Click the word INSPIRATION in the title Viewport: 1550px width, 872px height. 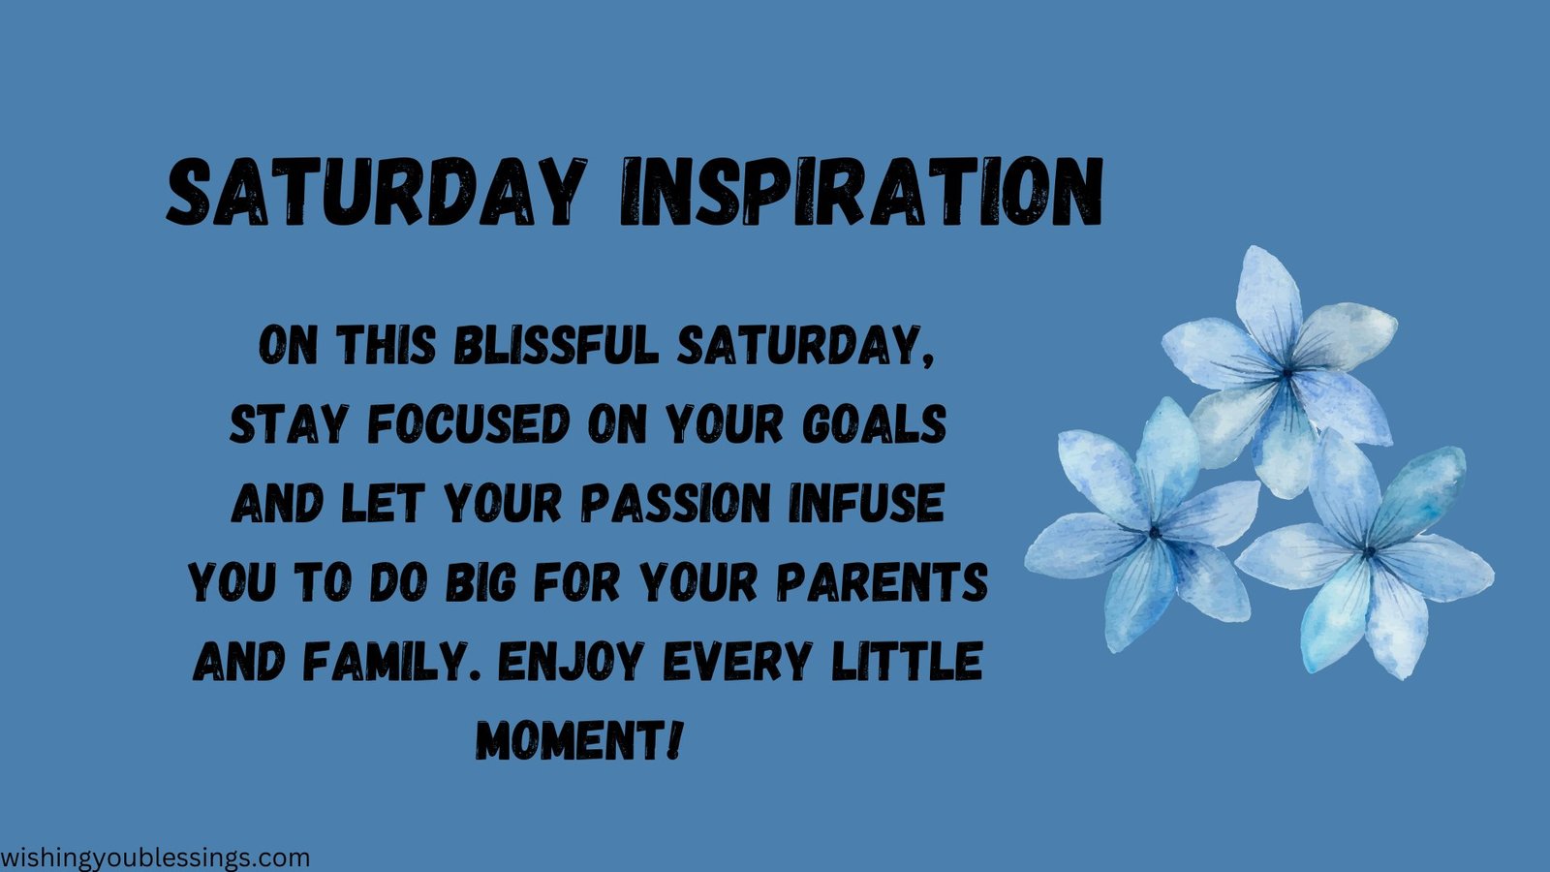860,193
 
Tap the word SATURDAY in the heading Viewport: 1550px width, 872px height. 377,193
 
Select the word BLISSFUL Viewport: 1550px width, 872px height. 557,345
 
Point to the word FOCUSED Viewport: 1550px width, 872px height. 469,424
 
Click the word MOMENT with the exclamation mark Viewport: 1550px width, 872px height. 579,741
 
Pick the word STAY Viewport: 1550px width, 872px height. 287,424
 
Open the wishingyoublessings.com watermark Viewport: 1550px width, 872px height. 155,857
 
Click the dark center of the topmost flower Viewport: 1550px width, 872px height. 1286,371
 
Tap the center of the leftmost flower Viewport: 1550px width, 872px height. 1154,532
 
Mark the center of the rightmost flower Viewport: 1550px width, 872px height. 1369,552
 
